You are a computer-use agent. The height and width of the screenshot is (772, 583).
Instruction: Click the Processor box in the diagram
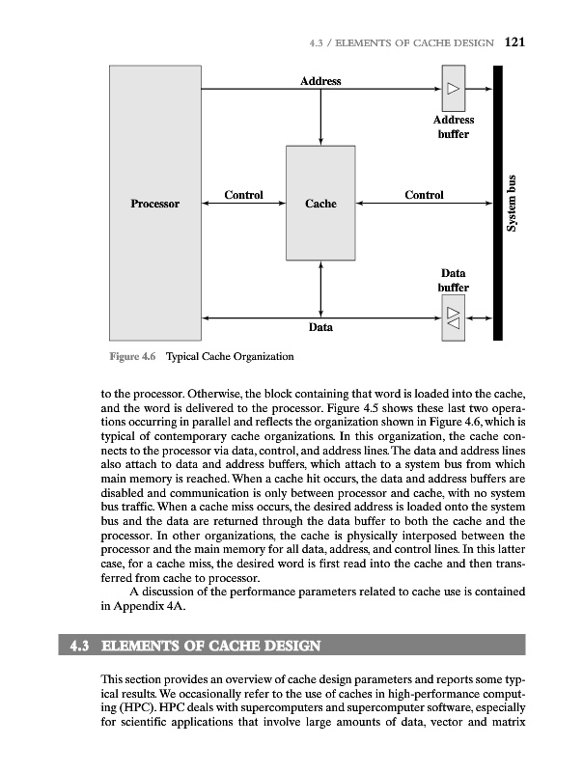click(155, 204)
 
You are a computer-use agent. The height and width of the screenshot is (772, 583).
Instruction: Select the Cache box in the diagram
click(320, 204)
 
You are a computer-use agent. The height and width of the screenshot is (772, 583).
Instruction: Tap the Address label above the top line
click(320, 81)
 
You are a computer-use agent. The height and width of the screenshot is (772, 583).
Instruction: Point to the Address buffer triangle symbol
click(454, 90)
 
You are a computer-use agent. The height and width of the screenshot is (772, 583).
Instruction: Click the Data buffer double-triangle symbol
click(454, 317)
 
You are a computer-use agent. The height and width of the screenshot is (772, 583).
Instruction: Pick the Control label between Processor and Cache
click(243, 195)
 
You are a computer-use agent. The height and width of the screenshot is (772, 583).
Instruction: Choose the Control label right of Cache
click(424, 195)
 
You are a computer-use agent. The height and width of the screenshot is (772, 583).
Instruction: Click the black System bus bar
click(498, 204)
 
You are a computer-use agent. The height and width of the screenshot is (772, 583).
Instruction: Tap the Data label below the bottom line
click(320, 328)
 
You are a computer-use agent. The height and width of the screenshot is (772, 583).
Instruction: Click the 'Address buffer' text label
click(453, 126)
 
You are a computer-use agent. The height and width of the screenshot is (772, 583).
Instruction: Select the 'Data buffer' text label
click(453, 280)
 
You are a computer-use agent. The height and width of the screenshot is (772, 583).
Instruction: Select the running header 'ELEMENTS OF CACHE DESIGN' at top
click(425, 43)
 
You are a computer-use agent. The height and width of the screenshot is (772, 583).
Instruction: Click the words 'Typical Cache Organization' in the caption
click(230, 357)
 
